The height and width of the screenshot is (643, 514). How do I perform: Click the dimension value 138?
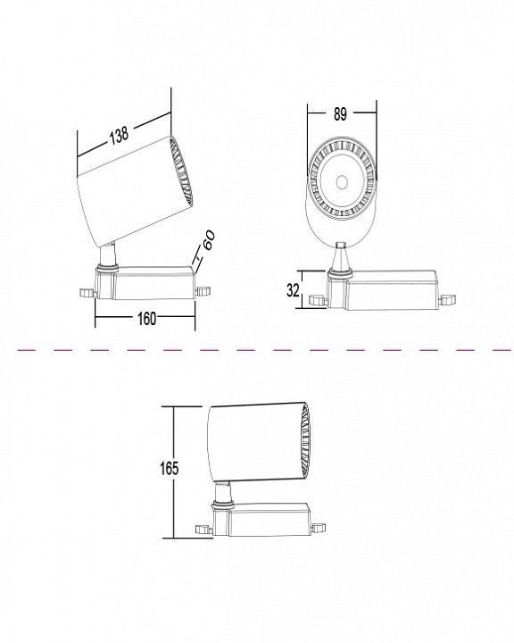119,135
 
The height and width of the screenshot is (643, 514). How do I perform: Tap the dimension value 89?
340,114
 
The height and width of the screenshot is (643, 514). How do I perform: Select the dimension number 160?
146,319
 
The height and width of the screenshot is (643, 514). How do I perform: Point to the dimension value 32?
293,290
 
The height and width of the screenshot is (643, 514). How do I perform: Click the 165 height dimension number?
170,468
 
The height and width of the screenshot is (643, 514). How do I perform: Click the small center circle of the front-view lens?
342,182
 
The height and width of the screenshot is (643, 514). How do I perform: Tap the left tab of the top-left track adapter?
87,293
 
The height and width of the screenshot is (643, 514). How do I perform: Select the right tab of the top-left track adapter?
203,291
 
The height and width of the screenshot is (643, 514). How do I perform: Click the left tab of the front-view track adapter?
318,300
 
